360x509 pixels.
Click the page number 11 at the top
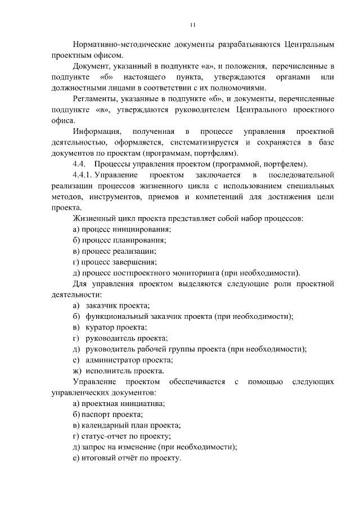tap(192, 25)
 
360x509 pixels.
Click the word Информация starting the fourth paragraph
tap(97, 131)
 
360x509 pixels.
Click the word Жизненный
tap(94, 218)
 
